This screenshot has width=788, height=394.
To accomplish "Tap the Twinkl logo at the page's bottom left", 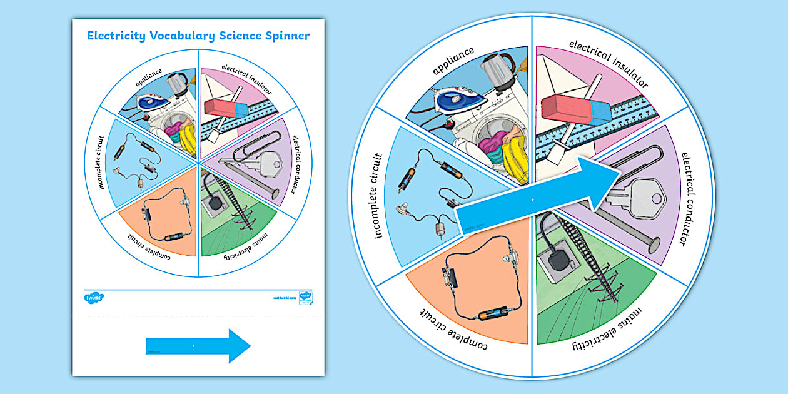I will click(94, 297).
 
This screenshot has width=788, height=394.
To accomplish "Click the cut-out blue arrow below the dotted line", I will click(198, 345).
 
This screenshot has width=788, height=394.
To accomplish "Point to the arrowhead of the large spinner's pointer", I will click(604, 184).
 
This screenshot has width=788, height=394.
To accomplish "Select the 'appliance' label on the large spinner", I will click(453, 61).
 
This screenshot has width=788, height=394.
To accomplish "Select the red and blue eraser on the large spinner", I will click(575, 110).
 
